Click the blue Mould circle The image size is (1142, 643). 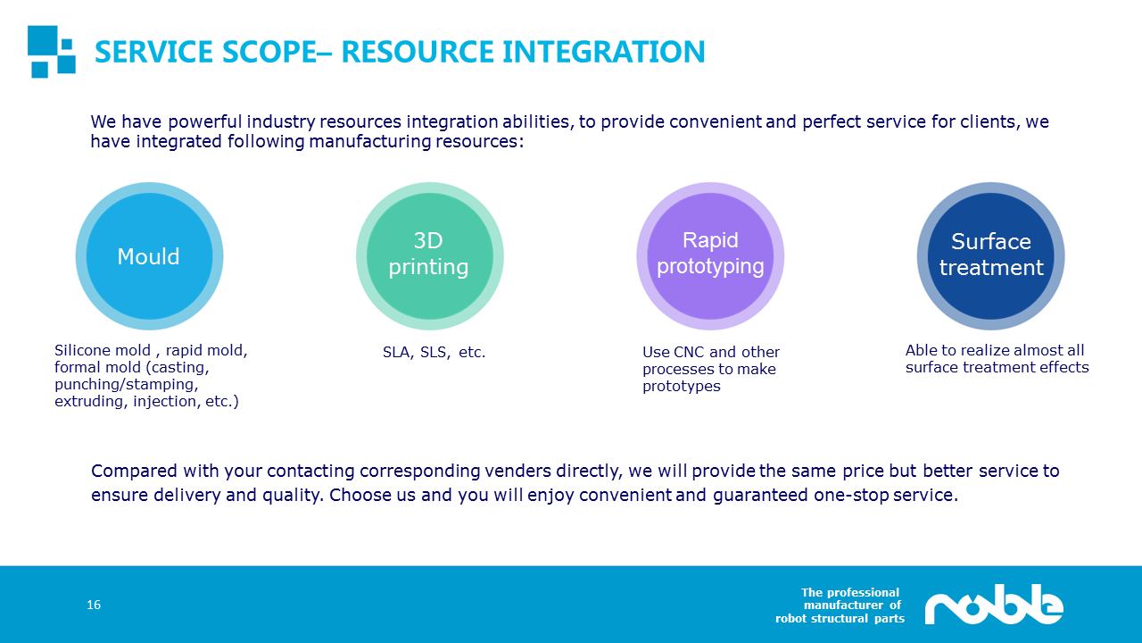149,256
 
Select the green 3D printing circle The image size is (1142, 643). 430,256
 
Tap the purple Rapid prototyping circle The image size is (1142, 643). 710,256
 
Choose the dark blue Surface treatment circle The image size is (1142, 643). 990,256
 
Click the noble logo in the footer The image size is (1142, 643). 994,605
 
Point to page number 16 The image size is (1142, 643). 94,605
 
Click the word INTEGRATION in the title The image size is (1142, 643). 604,52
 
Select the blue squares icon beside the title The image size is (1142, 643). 52,52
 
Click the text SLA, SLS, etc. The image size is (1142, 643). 434,352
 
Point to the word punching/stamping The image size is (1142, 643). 127,385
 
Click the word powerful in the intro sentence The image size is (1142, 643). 204,122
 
